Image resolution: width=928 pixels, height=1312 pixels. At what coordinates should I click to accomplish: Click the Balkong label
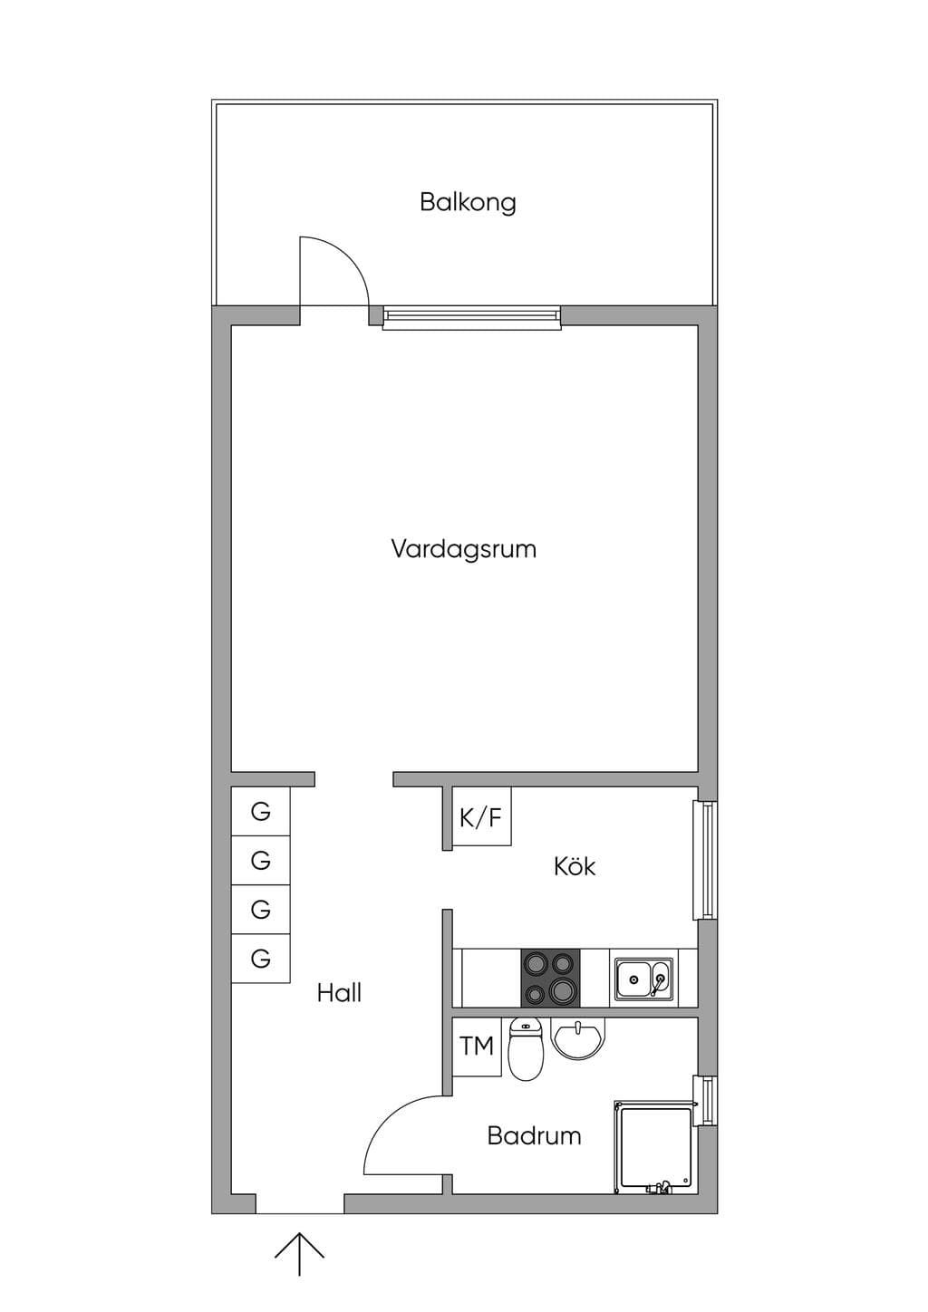tap(468, 203)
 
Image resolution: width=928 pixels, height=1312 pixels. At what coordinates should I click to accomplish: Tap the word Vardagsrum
tap(463, 550)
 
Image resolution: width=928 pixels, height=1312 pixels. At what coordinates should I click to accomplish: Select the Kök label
tap(575, 866)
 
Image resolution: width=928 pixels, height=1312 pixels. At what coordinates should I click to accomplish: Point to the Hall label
tap(339, 993)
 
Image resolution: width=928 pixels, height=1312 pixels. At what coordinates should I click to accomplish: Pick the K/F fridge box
tap(481, 815)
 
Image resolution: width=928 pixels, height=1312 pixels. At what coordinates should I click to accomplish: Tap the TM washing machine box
tap(477, 1047)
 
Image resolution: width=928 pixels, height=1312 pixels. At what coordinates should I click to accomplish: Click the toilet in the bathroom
tap(526, 1048)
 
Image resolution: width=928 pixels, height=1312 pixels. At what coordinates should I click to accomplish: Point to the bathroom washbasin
tap(577, 1038)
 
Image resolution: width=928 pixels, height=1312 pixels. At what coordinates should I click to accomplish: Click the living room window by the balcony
tap(471, 317)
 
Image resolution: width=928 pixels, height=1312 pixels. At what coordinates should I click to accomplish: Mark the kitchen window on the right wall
tap(705, 860)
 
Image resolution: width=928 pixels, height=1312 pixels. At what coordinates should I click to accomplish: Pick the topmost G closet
tap(261, 811)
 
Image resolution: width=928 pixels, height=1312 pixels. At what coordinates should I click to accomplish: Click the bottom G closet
tap(261, 959)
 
